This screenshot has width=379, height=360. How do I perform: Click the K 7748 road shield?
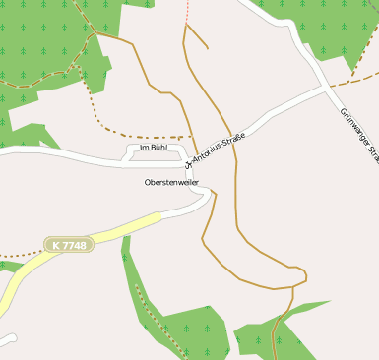pos(68,244)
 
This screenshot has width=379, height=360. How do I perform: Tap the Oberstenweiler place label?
pos(171,182)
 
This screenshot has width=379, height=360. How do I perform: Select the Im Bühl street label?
pos(154,148)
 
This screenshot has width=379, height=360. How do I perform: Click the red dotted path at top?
pos(186,10)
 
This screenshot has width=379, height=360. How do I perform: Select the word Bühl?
pos(159,148)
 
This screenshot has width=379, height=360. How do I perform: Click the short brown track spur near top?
pos(197,36)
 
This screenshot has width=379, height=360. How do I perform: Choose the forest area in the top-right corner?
pos(335,30)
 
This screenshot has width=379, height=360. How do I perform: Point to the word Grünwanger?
pos(352,124)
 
